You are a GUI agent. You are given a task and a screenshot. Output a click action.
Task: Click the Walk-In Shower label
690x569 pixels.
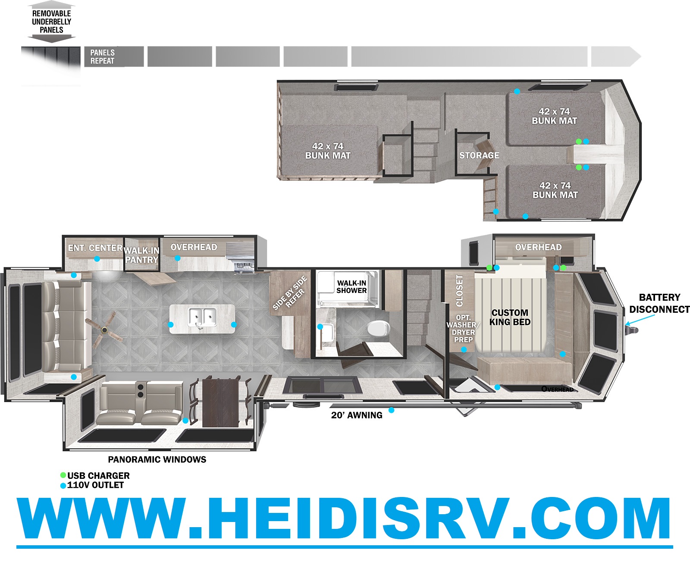coord(351,287)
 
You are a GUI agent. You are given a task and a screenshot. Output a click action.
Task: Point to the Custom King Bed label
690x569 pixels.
coord(510,317)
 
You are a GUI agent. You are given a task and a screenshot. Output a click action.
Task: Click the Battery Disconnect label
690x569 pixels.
coord(659,303)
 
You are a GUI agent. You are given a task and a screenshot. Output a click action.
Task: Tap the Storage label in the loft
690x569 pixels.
coord(479,155)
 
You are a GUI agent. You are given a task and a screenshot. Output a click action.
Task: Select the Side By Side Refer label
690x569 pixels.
coord(290,293)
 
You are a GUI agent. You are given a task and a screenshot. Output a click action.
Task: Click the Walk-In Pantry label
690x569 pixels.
coord(142,255)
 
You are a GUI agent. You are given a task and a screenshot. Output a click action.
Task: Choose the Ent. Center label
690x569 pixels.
coord(95,248)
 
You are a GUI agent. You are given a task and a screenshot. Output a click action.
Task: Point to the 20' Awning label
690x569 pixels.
coord(357,415)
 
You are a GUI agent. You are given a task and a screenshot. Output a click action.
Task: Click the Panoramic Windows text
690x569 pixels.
coord(157,459)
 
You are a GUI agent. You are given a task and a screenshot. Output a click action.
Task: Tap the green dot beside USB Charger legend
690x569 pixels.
coord(63,475)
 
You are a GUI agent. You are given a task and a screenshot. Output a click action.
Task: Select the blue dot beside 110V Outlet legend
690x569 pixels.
coord(63,485)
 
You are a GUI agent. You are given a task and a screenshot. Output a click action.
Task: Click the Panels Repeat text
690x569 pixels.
coord(102,57)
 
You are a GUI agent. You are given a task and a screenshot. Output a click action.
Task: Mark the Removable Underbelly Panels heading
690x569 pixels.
coord(51,21)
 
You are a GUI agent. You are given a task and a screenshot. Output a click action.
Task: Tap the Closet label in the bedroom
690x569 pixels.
coord(460,290)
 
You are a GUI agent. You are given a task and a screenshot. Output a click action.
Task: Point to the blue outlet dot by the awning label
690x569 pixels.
coord(392,410)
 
